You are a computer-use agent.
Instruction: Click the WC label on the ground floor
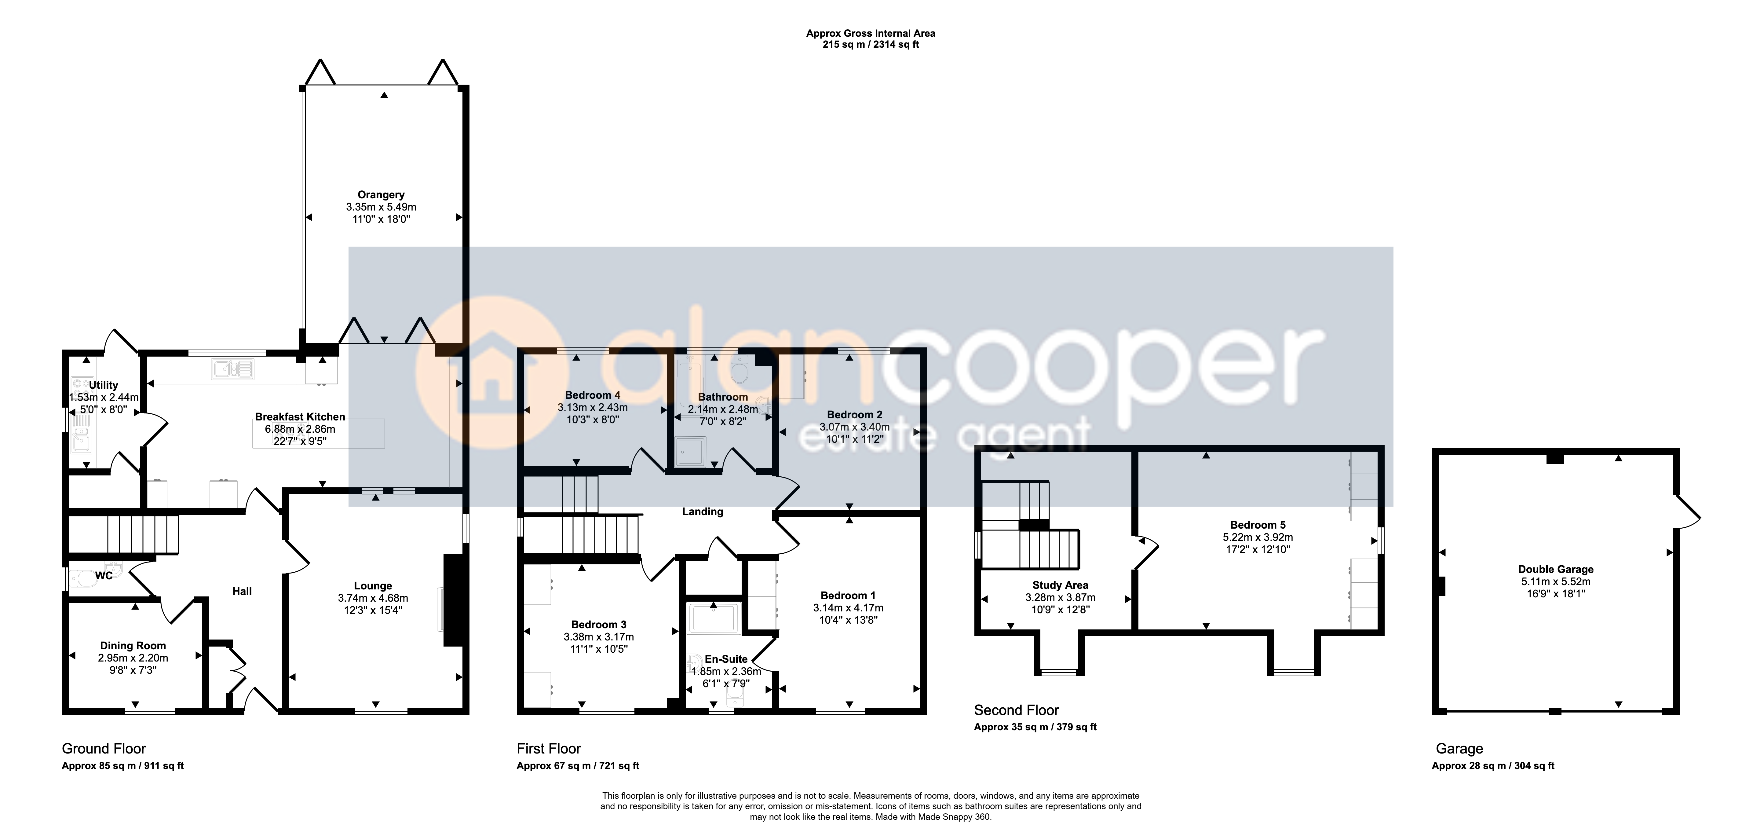pos(104,576)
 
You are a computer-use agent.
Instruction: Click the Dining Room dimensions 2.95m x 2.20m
pos(133,658)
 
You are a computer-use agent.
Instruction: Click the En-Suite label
pos(726,659)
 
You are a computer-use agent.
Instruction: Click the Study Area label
pos(1060,585)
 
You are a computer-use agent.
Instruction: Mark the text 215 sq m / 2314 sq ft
pos(871,45)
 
